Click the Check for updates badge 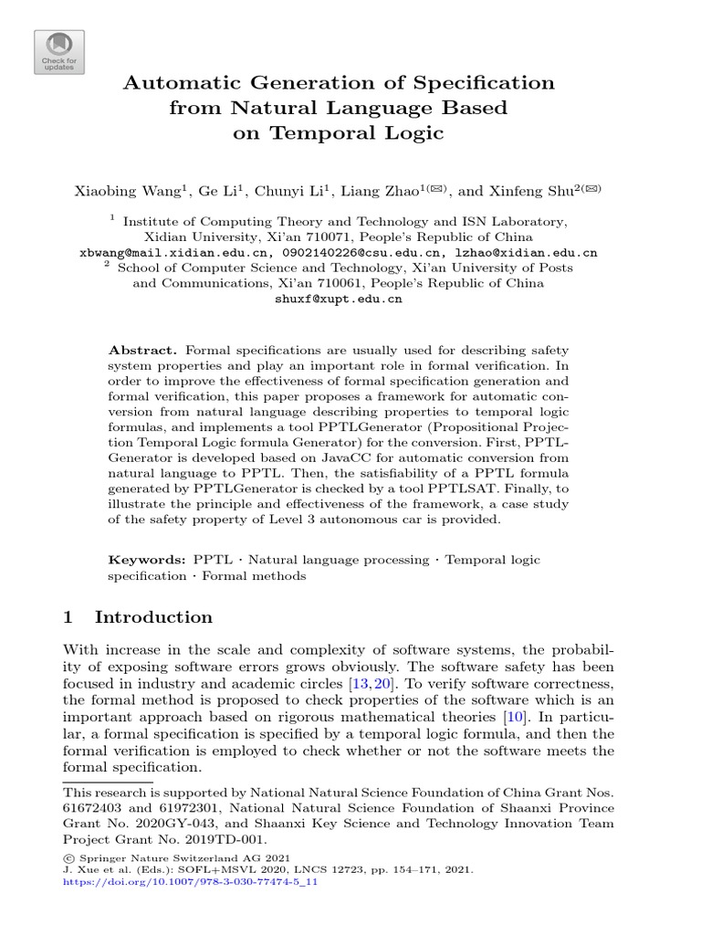tap(59, 52)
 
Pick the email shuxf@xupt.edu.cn tap(339, 299)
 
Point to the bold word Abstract tap(142, 350)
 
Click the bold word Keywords tap(147, 559)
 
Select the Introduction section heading tap(153, 617)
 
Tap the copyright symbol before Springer tap(67, 858)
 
